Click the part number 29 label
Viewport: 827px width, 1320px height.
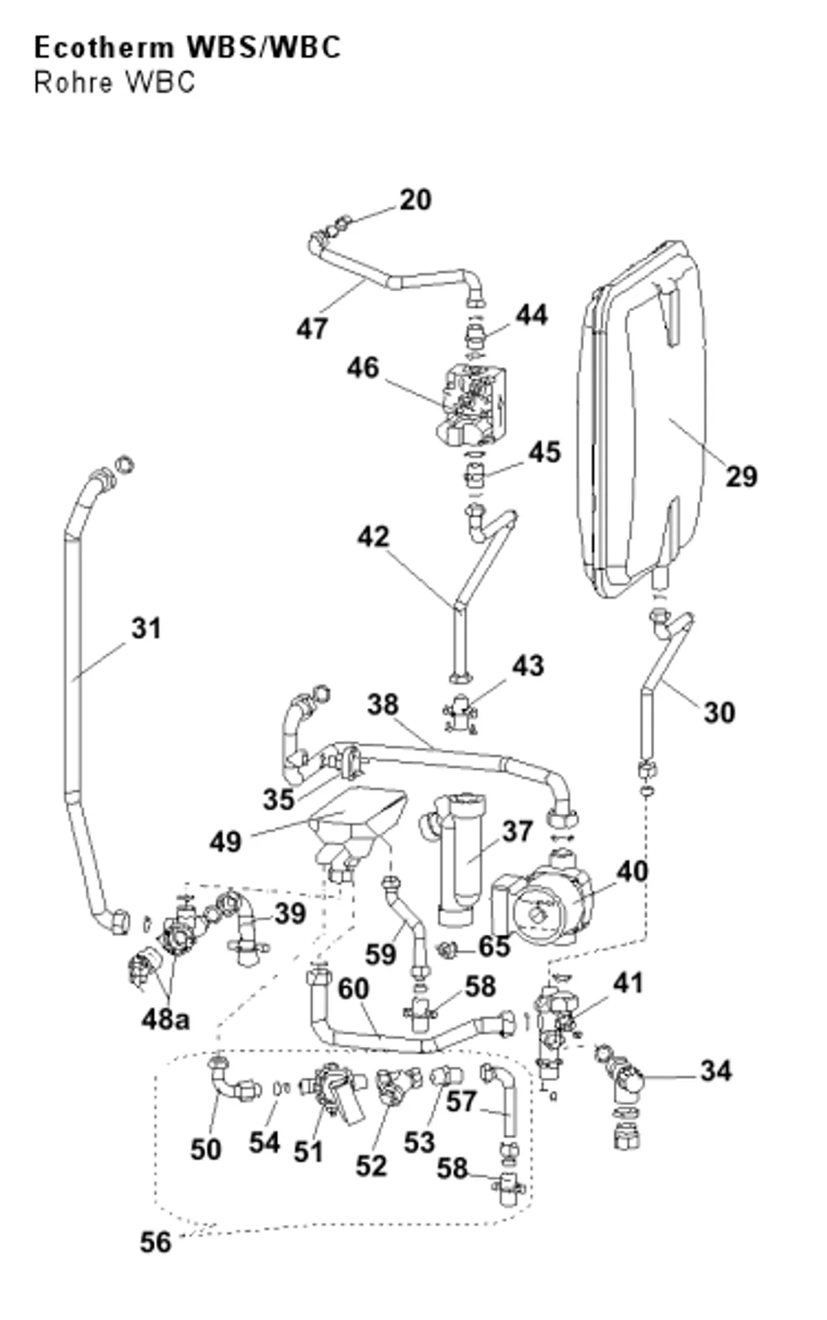click(741, 476)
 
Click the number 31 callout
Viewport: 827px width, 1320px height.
click(146, 629)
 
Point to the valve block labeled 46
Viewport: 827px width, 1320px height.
click(471, 407)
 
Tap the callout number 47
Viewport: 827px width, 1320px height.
click(312, 328)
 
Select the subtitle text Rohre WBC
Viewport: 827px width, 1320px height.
click(114, 83)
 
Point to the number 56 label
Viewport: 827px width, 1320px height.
click(155, 1242)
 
